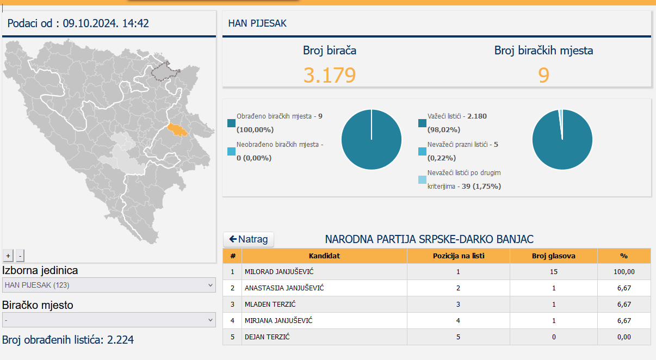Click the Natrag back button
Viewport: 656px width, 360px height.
coord(249,239)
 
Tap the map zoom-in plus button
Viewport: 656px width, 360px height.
coord(8,256)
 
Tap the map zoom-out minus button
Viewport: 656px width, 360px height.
coord(20,256)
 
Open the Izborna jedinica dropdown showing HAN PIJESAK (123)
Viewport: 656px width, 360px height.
coord(109,285)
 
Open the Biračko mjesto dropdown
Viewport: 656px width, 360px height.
coord(109,320)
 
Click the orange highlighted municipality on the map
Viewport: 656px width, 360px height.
coord(177,129)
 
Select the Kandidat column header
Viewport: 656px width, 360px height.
coord(324,256)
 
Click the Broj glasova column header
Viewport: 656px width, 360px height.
coord(554,256)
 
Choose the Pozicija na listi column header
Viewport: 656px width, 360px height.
coord(459,256)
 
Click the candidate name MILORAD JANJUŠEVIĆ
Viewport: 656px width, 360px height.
coord(279,272)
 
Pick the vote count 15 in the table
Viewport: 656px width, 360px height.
coord(554,272)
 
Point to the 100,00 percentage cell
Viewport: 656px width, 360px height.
coord(624,272)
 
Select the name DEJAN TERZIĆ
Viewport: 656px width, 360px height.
coord(267,337)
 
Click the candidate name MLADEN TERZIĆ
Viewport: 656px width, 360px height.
coord(270,305)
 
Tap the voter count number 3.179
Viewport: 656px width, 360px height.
coord(330,75)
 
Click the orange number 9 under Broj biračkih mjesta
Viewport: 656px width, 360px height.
coord(543,75)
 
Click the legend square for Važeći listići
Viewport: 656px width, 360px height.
coord(422,123)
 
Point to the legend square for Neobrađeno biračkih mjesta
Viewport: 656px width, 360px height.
coord(231,151)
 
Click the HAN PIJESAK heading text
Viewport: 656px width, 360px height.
coord(257,23)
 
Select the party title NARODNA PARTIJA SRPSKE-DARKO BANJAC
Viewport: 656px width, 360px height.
coord(429,239)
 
